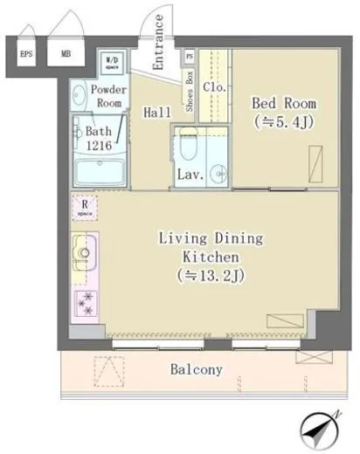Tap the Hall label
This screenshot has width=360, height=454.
click(x=158, y=112)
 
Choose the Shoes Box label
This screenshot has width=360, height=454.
click(x=190, y=96)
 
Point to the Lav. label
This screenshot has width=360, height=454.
click(x=190, y=174)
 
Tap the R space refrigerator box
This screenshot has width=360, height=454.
click(x=85, y=209)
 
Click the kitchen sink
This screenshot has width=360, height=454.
click(x=84, y=254)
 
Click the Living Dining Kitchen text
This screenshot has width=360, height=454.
click(x=198, y=258)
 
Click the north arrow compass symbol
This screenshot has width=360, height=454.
click(x=318, y=430)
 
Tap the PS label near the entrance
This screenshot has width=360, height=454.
click(x=190, y=55)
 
